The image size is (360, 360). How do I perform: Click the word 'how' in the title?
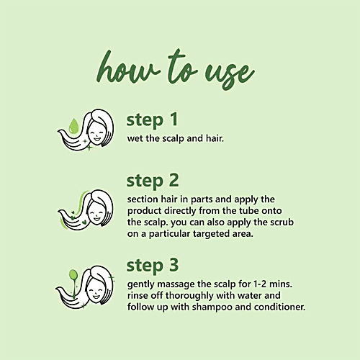127,68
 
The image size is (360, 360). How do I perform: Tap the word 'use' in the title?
229,74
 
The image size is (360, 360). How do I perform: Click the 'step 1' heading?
152,120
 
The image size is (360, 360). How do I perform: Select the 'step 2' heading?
153,181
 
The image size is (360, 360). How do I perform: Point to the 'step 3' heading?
153,266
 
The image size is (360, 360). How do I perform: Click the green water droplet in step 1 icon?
73,126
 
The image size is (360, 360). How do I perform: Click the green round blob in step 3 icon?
73,275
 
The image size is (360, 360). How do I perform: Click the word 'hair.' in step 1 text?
215,138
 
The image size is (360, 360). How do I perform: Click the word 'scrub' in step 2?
282,222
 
